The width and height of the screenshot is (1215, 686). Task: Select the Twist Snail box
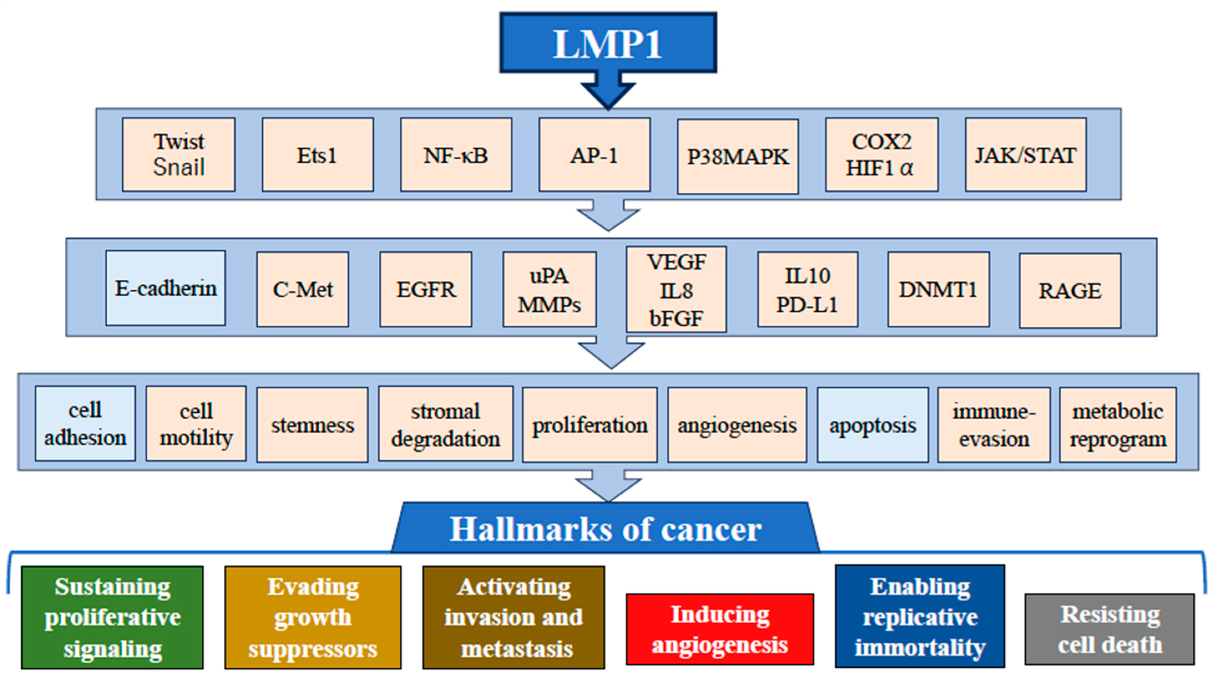(x=179, y=155)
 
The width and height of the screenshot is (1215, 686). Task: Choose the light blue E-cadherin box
(x=166, y=288)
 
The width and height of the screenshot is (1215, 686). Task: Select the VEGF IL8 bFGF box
(x=676, y=289)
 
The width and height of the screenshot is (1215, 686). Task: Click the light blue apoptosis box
(x=873, y=425)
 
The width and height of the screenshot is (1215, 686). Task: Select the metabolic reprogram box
(x=1118, y=425)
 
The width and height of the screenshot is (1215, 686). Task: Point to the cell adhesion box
(x=85, y=424)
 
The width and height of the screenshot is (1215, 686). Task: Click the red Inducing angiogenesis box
(x=720, y=629)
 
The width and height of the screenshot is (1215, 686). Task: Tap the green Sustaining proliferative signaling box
(x=112, y=617)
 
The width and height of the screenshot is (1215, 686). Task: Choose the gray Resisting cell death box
(x=1109, y=629)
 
